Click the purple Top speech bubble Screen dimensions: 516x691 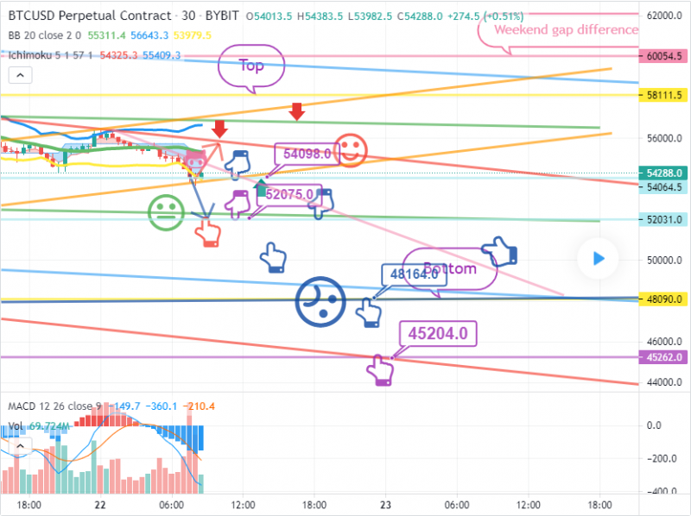[250, 66]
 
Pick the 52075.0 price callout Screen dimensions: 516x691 [289, 195]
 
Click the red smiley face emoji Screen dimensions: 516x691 [350, 150]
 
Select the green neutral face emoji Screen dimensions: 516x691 [164, 212]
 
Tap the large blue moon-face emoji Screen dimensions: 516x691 [320, 299]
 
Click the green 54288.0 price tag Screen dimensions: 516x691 [664, 173]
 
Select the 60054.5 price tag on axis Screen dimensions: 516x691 [664, 55]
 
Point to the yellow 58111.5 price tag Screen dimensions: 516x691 [664, 96]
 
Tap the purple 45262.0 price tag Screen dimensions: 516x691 [664, 357]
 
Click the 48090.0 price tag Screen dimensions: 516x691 [664, 299]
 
